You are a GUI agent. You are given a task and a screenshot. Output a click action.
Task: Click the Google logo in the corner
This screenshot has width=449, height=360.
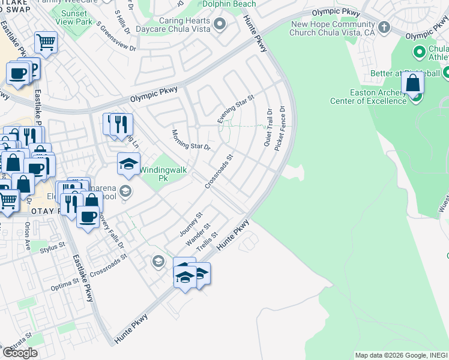pyautogui.click(x=19, y=353)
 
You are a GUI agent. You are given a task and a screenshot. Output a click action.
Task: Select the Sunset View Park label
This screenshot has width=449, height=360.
pyautogui.click(x=76, y=17)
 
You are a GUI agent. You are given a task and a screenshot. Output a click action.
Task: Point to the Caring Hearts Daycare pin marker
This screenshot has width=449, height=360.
pyautogui.click(x=220, y=24)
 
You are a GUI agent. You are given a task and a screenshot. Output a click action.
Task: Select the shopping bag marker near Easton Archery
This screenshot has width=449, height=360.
pyautogui.click(x=413, y=84)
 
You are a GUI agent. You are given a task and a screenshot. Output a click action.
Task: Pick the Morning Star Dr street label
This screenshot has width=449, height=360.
pyautogui.click(x=191, y=140)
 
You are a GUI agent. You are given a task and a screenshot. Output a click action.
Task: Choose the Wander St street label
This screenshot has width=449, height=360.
pyautogui.click(x=198, y=234)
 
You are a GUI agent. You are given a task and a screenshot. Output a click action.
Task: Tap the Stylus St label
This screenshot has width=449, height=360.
pyautogui.click(x=52, y=247)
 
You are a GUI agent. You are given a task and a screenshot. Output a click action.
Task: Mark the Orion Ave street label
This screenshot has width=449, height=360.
pyautogui.click(x=28, y=236)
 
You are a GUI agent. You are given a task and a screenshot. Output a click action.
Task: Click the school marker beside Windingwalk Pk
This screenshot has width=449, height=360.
pyautogui.click(x=128, y=164)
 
